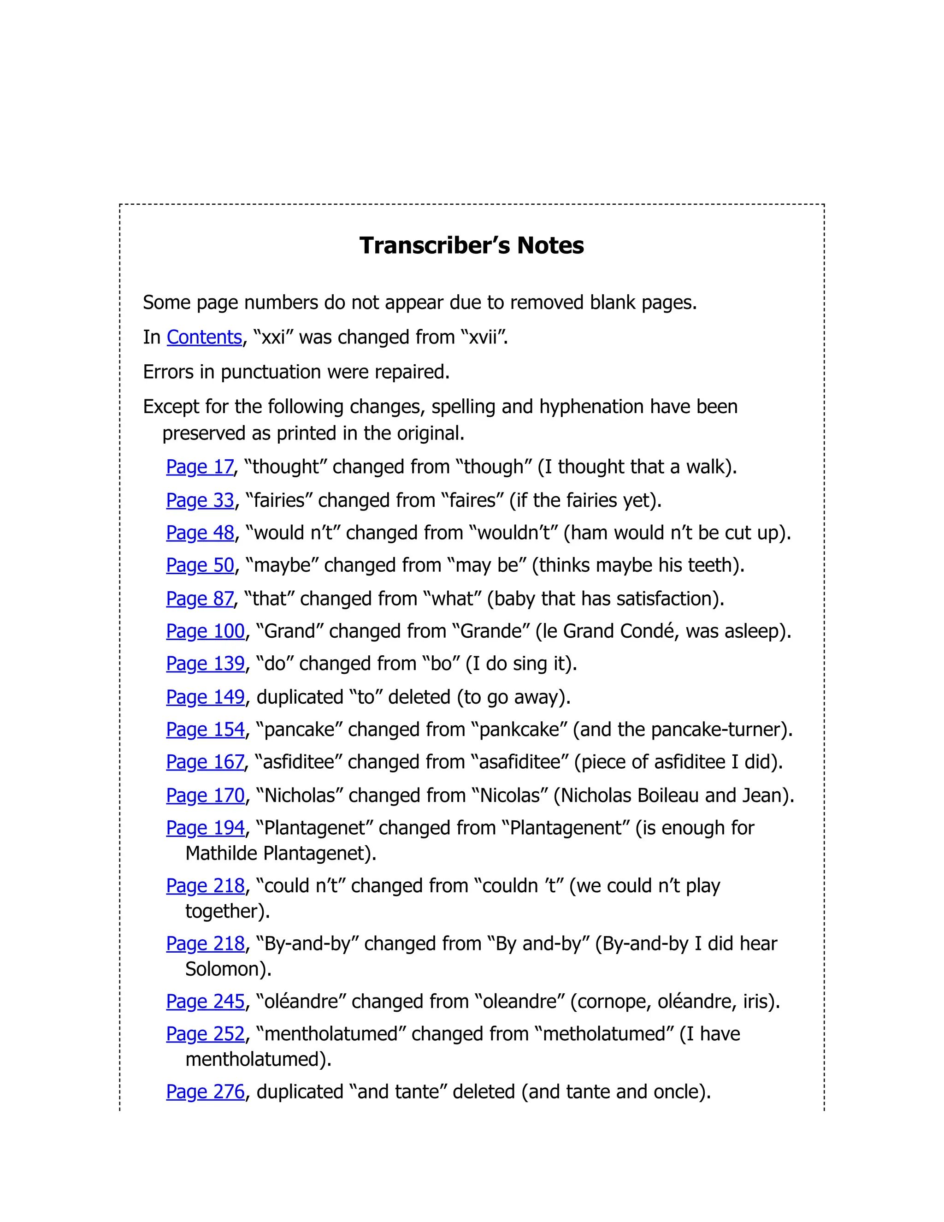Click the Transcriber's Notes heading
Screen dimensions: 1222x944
pyautogui.click(x=472, y=246)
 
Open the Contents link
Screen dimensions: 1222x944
pyautogui.click(x=204, y=338)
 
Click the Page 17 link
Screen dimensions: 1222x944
pyautogui.click(x=200, y=467)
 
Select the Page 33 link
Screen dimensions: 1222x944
pyautogui.click(x=200, y=500)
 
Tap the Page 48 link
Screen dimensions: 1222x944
pyautogui.click(x=200, y=533)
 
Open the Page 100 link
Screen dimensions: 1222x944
pyautogui.click(x=205, y=631)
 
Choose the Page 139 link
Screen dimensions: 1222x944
pyautogui.click(x=205, y=664)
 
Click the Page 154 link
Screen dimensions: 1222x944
pyautogui.click(x=205, y=730)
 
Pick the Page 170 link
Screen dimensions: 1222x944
pyautogui.click(x=205, y=795)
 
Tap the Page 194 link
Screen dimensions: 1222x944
pyautogui.click(x=205, y=828)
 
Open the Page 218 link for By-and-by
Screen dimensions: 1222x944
pyautogui.click(x=205, y=944)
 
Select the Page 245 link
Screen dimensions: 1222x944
pyautogui.click(x=205, y=1002)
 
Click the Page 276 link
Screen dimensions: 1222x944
pyautogui.click(x=205, y=1091)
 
